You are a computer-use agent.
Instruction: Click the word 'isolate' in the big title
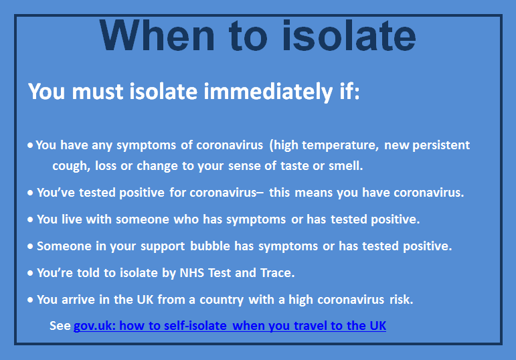tap(349, 35)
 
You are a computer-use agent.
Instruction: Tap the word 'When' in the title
tap(157, 35)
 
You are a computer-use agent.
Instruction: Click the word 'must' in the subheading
tap(98, 92)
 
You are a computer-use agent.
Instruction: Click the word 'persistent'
tap(441, 145)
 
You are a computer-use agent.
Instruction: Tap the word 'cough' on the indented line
tap(70, 166)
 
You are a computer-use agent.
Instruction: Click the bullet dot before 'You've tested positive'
tap(30, 193)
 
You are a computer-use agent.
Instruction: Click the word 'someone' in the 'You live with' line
tap(142, 219)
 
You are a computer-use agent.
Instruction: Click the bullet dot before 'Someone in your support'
tap(30, 246)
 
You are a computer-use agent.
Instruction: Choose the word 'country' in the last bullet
tap(222, 300)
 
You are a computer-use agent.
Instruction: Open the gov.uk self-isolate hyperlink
tap(230, 326)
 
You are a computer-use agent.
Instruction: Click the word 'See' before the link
tap(60, 325)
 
